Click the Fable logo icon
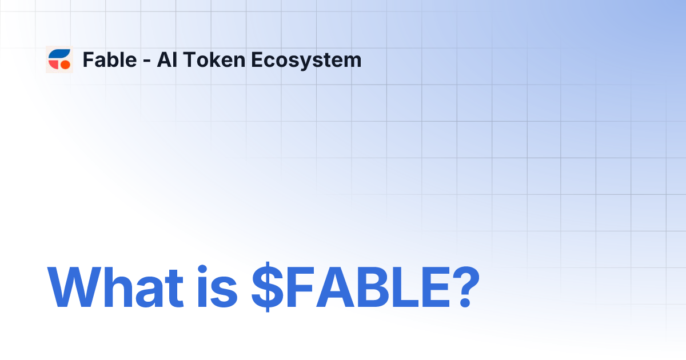tap(59, 59)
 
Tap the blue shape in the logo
tap(58, 54)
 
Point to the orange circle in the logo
tap(65, 65)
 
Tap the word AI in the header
tap(166, 59)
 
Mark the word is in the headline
tap(216, 286)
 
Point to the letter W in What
tap(77, 286)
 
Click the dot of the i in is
tap(201, 267)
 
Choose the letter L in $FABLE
tap(394, 286)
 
